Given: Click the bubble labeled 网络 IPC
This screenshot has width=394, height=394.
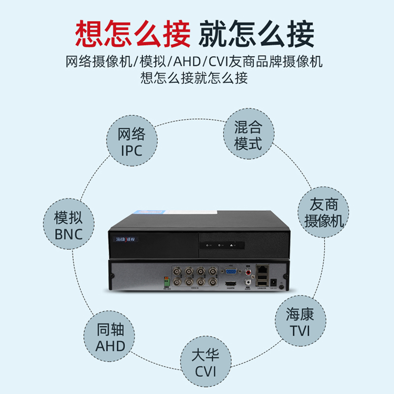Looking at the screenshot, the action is click(x=131, y=142).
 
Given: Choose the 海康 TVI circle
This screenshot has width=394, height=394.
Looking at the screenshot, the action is click(x=299, y=323).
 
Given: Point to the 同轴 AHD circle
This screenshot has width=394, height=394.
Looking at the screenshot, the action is click(x=110, y=338).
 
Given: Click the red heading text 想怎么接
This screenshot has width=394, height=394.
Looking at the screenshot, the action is click(x=132, y=34).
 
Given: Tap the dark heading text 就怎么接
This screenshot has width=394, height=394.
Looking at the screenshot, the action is click(x=256, y=34).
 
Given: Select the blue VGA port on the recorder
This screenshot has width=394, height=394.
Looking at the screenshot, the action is click(x=230, y=271).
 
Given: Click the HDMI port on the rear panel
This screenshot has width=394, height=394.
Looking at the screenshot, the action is click(x=230, y=284).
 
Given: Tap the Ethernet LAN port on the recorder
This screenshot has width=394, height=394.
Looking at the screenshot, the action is click(x=263, y=269).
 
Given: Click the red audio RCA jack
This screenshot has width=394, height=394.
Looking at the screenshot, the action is click(x=247, y=270).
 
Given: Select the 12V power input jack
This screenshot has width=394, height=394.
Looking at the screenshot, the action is click(x=282, y=286).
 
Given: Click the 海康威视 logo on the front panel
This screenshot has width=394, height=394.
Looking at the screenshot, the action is click(x=127, y=239).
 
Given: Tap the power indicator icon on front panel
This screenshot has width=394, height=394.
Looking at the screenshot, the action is click(x=208, y=245).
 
